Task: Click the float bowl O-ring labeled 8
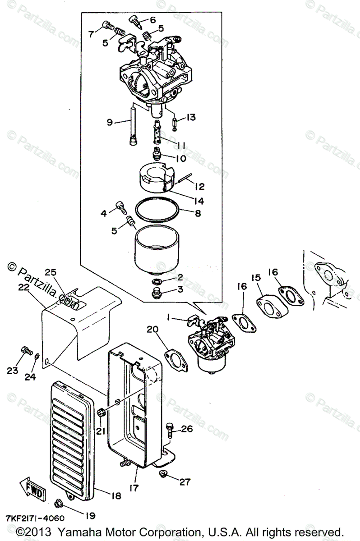(156, 211)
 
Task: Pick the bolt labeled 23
(26, 350)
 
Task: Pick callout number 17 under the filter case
(136, 488)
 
